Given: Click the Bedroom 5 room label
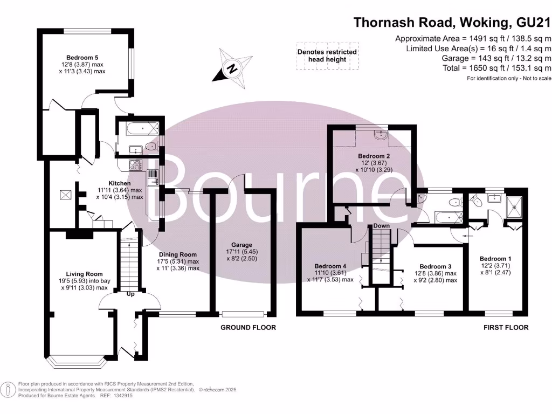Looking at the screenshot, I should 82,58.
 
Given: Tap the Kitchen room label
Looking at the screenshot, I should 120,183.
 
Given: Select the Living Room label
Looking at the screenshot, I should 84,274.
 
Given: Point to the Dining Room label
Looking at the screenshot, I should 178,254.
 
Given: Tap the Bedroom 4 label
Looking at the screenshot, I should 330,266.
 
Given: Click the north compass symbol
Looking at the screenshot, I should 232,68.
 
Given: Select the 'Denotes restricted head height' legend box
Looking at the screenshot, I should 327,56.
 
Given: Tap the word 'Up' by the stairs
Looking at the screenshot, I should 130,295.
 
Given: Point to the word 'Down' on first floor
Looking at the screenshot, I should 381,226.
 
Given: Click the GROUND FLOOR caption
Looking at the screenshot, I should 249,327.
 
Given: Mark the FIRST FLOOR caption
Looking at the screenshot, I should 506,327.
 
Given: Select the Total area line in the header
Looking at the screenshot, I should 496,68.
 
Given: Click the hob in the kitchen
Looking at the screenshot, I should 134,165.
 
